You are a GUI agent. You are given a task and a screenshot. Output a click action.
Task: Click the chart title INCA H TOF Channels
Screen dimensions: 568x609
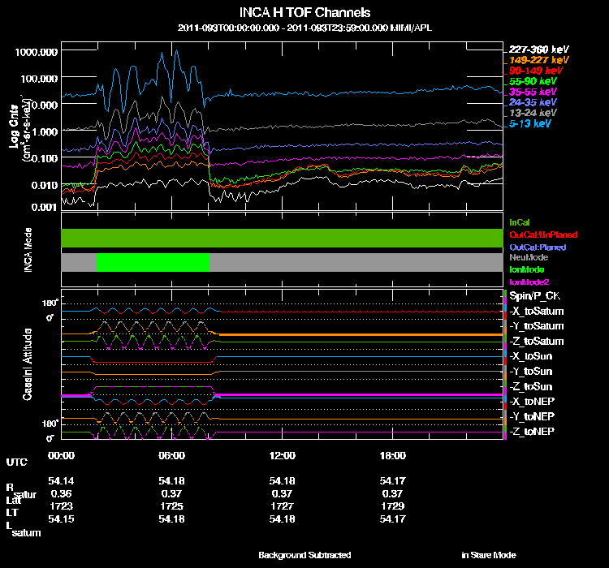pyautogui.click(x=305, y=13)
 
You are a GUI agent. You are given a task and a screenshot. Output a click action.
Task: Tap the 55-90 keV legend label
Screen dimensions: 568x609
pyautogui.click(x=533, y=81)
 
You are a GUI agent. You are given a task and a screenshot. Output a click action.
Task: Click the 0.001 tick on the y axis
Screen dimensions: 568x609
pyautogui.click(x=42, y=208)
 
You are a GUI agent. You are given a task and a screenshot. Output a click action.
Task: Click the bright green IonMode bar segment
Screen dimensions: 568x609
pyautogui.click(x=153, y=262)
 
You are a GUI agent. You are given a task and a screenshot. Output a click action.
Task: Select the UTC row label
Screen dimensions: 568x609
pyautogui.click(x=15, y=462)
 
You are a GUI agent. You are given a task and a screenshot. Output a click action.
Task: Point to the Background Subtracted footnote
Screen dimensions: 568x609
pyautogui.click(x=304, y=555)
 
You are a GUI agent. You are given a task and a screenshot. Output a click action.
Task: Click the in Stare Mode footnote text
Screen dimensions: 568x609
pyautogui.click(x=488, y=555)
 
